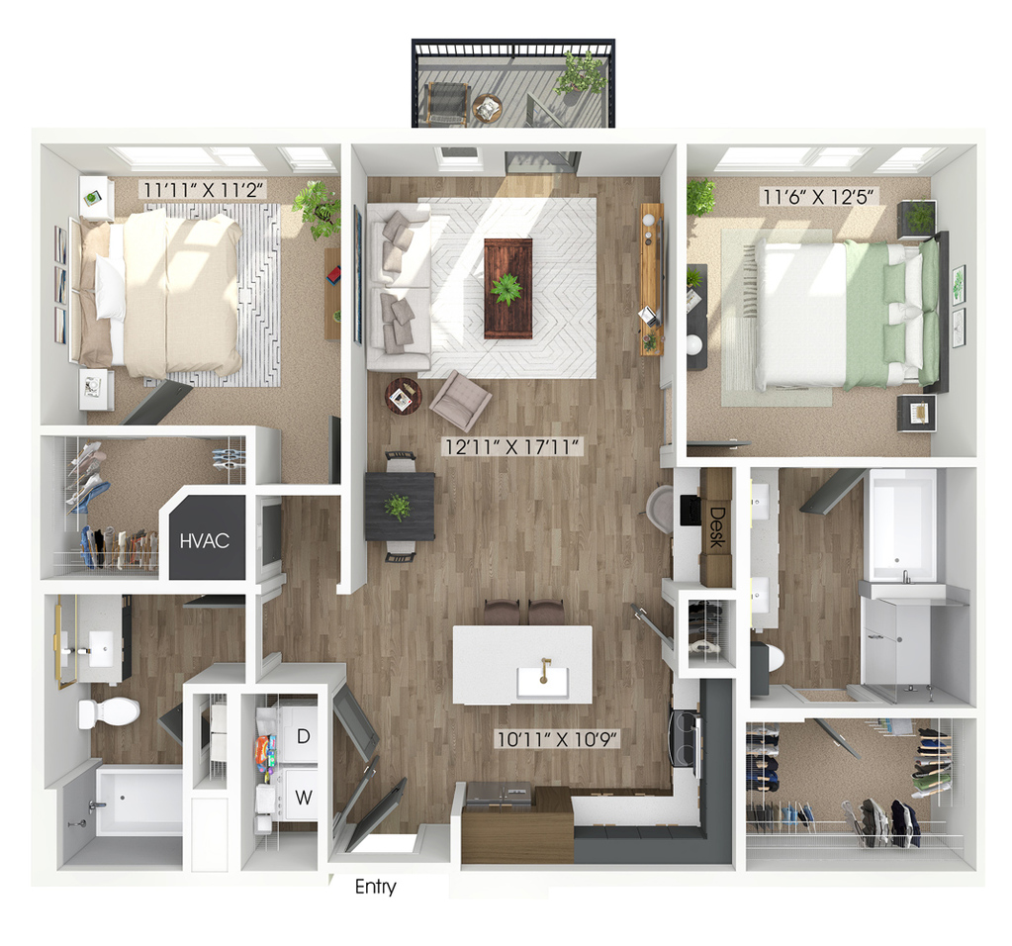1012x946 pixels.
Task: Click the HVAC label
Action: point(205,540)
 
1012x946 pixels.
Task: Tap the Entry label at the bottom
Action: point(376,887)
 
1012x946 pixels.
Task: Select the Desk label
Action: point(716,526)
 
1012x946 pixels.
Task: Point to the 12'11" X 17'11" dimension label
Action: point(512,446)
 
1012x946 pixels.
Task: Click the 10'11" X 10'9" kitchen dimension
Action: point(557,738)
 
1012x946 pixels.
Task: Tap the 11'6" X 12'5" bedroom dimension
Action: point(819,196)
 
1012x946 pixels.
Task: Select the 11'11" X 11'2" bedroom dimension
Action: point(203,190)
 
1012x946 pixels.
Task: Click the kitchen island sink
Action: point(543,681)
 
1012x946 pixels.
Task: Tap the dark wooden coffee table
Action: point(508,288)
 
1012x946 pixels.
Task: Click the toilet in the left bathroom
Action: point(109,712)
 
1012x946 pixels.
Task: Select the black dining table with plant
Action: point(400,507)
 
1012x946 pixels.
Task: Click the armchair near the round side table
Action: point(460,401)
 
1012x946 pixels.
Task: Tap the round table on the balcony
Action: point(487,108)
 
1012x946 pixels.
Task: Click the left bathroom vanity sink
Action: point(103,648)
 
